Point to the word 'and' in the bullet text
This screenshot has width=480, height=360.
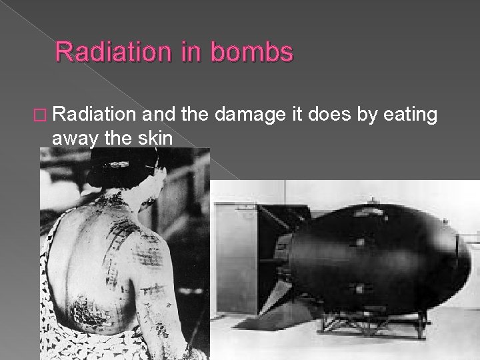(x=161, y=115)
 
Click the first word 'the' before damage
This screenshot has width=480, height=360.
(x=197, y=115)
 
